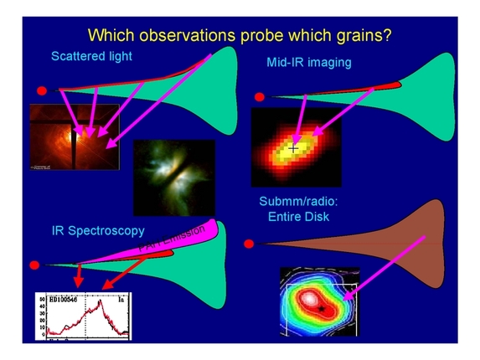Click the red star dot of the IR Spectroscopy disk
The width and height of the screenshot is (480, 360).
tap(34, 265)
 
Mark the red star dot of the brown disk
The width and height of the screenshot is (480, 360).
tap(247, 244)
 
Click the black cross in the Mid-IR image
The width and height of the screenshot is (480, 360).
tap(293, 148)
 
